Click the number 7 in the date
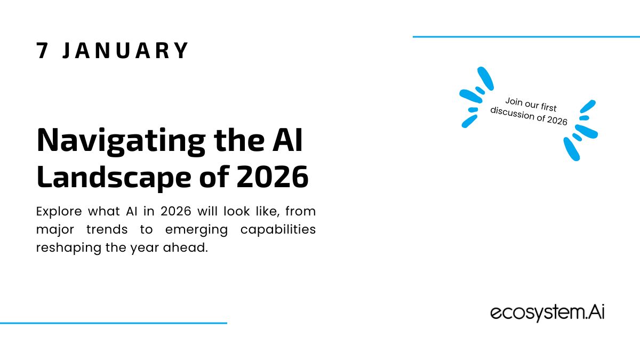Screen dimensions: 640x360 coord(42,51)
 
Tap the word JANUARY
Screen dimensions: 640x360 coord(125,51)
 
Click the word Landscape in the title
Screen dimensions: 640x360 coord(114,177)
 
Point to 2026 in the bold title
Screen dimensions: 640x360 coord(273,177)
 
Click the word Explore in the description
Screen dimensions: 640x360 coord(59,212)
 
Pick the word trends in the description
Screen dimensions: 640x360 coord(107,229)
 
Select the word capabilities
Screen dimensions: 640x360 coord(278,230)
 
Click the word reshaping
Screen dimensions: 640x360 coord(69,248)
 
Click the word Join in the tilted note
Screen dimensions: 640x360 coord(514,102)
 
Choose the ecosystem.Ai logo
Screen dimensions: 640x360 coord(547,313)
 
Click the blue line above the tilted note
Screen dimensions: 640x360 coord(526,37)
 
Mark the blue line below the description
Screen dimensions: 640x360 coord(114,323)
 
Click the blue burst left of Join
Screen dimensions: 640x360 coord(476,97)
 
